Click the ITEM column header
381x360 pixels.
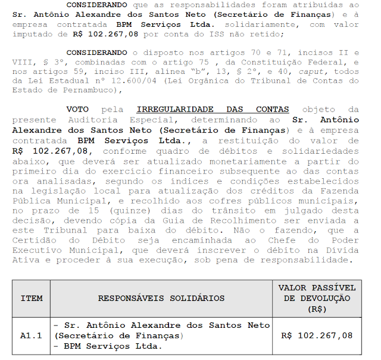point(31,298)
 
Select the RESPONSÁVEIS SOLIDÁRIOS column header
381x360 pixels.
point(161,298)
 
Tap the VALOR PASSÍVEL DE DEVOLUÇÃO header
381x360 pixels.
point(317,298)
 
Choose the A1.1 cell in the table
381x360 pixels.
point(31,336)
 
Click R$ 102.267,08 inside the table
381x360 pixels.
point(317,336)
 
